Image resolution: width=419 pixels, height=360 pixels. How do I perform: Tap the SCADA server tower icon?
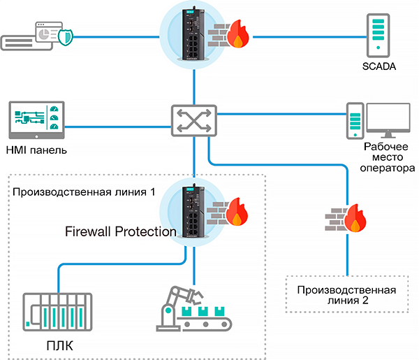click(x=378, y=34)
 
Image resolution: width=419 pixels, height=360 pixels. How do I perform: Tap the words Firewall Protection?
click(x=120, y=231)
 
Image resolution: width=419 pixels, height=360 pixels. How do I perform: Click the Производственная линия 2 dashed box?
click(x=347, y=294)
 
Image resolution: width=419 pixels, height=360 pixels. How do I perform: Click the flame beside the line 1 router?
click(x=238, y=212)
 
